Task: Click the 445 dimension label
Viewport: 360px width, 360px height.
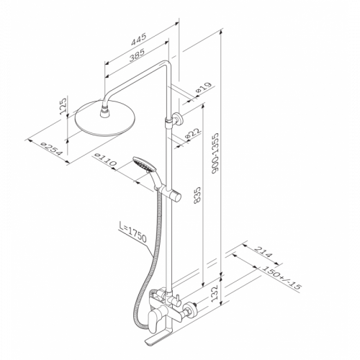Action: coord(138,40)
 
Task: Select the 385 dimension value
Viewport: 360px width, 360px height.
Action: coord(137,55)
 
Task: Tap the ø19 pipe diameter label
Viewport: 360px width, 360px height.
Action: coord(204,88)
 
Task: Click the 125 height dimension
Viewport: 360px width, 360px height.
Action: coord(63,106)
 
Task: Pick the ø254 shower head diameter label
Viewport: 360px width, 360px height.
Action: coord(53,150)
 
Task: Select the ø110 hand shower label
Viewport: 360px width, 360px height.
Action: coord(106,160)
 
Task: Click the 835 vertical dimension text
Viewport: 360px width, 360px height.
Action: coord(197,195)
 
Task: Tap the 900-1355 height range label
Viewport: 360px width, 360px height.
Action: coord(215,153)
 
